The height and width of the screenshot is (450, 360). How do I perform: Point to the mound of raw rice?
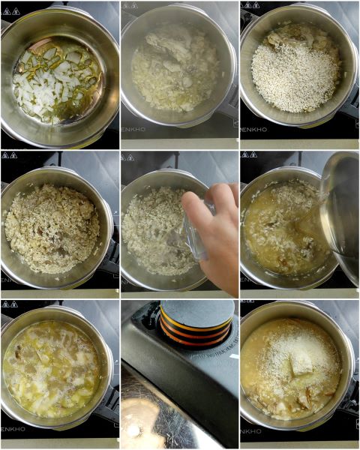[295, 75]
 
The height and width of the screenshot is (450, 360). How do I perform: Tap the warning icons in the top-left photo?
[9, 5]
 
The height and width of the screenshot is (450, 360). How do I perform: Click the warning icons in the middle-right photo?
[249, 155]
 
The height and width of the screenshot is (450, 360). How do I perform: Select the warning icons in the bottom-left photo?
[9, 304]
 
